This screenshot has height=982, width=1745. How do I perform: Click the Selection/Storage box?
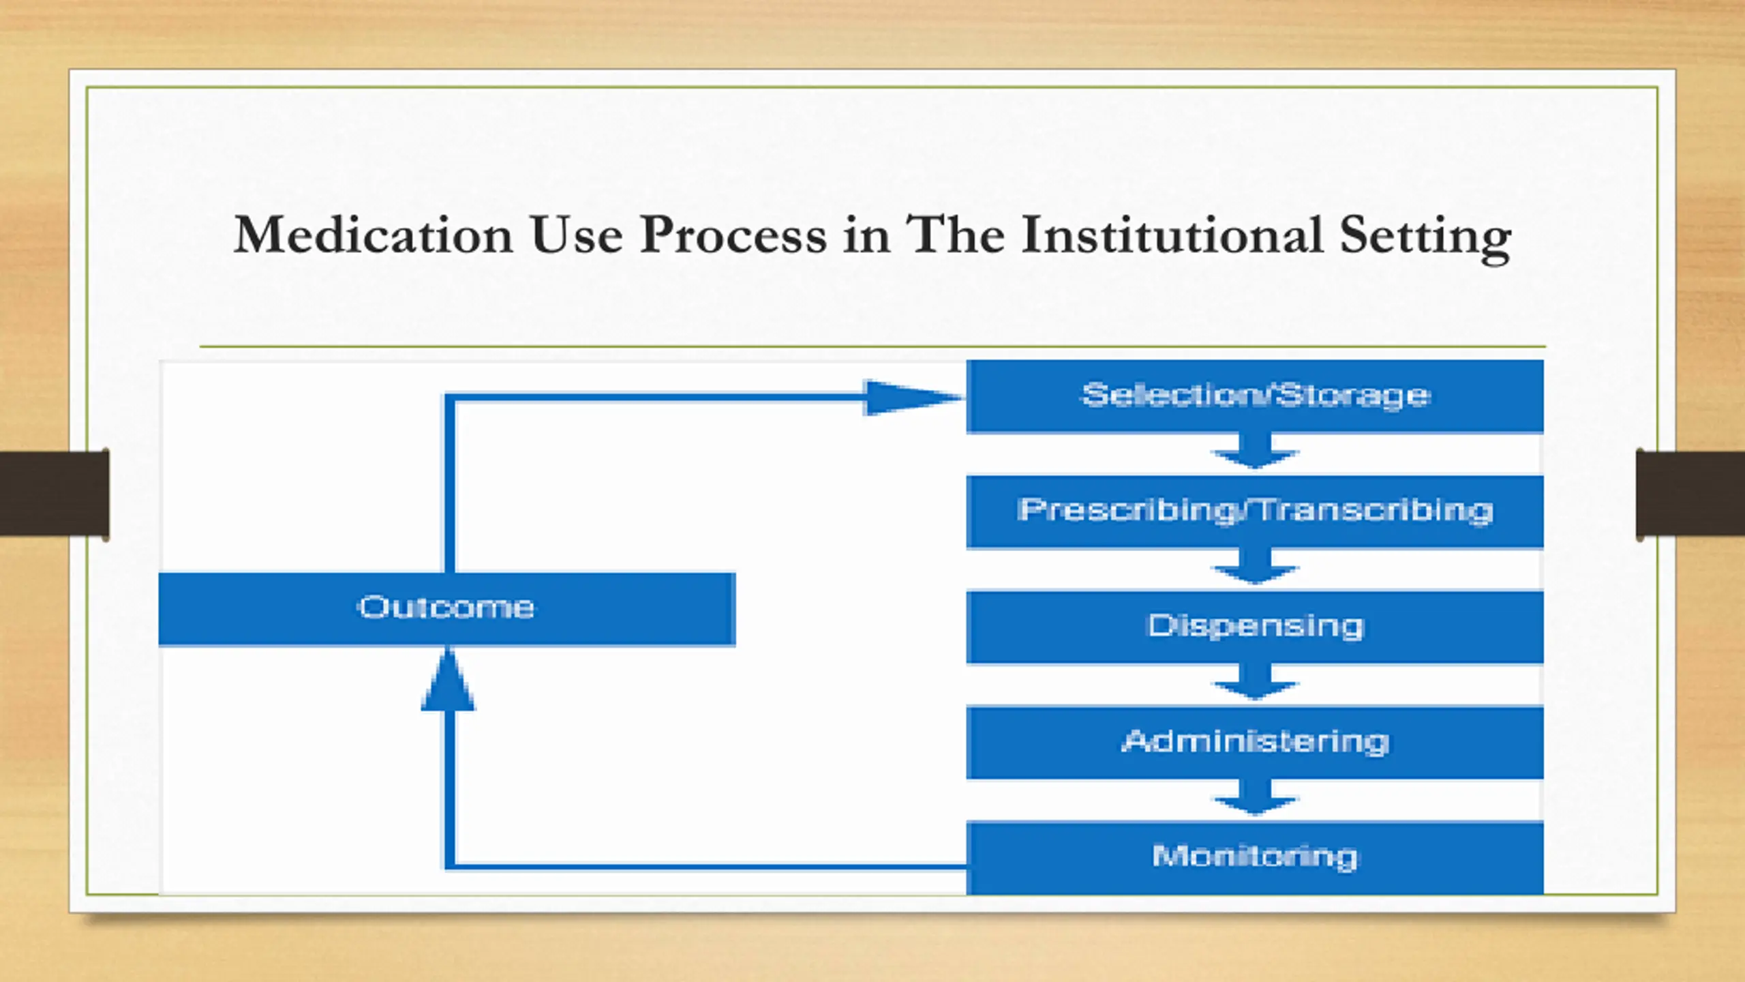pyautogui.click(x=1254, y=396)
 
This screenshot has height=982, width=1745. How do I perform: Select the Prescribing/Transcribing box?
pyautogui.click(x=1254, y=511)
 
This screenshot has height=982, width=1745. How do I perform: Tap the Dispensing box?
pyautogui.click(x=1254, y=627)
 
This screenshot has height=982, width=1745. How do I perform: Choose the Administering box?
pyautogui.click(x=1254, y=742)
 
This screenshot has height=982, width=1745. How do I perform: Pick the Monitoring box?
pyautogui.click(x=1254, y=857)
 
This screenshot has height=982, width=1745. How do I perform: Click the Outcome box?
pyautogui.click(x=446, y=608)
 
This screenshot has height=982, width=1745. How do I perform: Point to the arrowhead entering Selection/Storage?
pyautogui.click(x=910, y=398)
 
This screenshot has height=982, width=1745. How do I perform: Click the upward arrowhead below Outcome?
pyautogui.click(x=448, y=682)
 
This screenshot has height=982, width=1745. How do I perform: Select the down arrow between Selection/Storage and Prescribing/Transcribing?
pyautogui.click(x=1254, y=451)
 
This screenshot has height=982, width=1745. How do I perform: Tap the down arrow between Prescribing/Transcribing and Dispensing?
pyautogui.click(x=1254, y=567)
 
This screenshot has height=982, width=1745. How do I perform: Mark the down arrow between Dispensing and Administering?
pyautogui.click(x=1254, y=683)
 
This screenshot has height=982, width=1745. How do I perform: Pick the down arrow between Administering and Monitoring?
pyautogui.click(x=1254, y=798)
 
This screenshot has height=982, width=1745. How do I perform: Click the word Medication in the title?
pyautogui.click(x=373, y=235)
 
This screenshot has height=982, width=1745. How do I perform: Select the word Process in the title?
pyautogui.click(x=733, y=235)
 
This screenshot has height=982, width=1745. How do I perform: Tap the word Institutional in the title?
pyautogui.click(x=1172, y=235)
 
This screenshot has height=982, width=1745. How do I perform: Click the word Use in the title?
pyautogui.click(x=577, y=235)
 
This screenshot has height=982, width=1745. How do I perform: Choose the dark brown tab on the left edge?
pyautogui.click(x=55, y=493)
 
